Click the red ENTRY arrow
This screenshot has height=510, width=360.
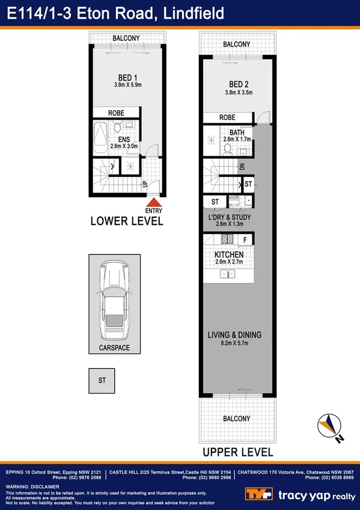154,203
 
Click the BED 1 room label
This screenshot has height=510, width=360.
127,77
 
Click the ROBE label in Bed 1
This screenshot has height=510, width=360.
117,113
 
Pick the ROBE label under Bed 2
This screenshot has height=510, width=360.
227,117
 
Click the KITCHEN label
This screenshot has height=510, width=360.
229,255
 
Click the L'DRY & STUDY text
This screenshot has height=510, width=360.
229,217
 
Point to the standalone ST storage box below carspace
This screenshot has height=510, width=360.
102,380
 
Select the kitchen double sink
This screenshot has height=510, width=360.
228,274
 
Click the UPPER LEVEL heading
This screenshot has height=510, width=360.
237,452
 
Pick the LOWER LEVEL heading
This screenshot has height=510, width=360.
127,221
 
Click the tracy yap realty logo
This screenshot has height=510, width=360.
301,494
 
